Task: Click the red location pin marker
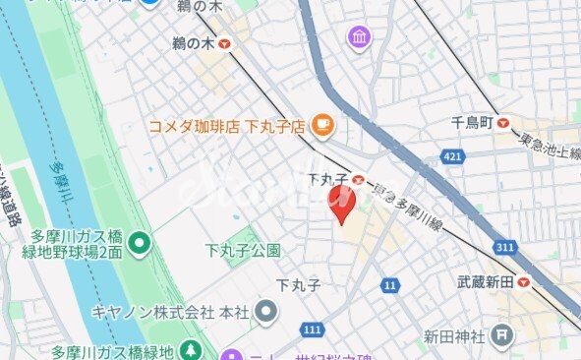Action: pos(340,205)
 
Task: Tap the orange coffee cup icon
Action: pos(321,124)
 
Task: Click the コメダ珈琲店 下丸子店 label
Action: pos(227,125)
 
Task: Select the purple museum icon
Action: pos(359,38)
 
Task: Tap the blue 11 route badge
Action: pos(390,285)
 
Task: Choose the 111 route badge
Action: pos(314,328)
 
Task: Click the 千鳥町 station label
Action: pos(471,123)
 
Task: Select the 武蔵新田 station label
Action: pos(486,281)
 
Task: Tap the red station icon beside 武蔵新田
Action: pos(524,281)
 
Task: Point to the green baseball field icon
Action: pos(140,240)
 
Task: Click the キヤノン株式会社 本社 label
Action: pos(168,312)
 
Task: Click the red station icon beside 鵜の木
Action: pos(227,43)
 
